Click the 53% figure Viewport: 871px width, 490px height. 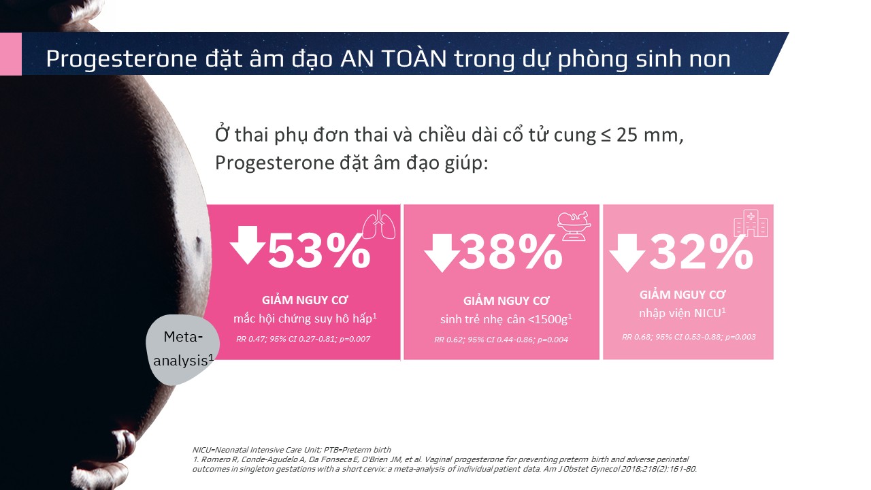pos(319,251)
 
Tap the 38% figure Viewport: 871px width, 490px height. pos(511,252)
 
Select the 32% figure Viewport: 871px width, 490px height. pos(702,252)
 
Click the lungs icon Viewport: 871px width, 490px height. pos(379,225)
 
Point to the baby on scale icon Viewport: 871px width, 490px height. pos(574,226)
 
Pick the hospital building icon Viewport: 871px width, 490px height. pos(751,223)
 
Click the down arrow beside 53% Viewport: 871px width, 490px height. pos(247,245)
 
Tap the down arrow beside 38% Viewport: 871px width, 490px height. pos(442,252)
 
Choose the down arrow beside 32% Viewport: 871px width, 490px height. pos(627,252)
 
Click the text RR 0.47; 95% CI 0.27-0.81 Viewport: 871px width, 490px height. pos(285,339)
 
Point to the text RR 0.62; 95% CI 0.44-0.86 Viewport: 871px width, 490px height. pos(483,340)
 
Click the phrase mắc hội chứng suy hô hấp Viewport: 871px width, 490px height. pos(303,319)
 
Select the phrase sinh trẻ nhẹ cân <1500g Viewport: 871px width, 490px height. pos(504,319)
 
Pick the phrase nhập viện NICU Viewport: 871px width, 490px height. pos(680,313)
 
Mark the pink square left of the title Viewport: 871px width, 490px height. pos(10,54)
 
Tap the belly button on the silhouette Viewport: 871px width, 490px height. pos(198,244)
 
